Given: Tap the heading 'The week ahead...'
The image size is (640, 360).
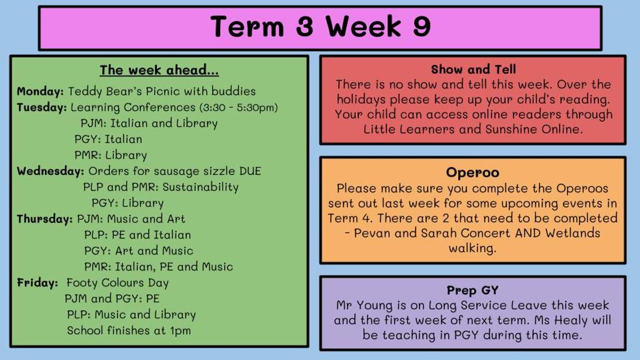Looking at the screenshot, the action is pyautogui.click(x=159, y=70).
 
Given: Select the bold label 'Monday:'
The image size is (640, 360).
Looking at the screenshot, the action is pyautogui.click(x=41, y=92).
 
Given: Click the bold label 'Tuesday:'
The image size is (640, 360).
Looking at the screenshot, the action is pyautogui.click(x=42, y=108).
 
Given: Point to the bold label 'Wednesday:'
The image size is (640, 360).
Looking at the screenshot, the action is pyautogui.click(x=51, y=171).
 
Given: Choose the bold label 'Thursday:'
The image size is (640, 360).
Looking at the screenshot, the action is pyautogui.click(x=45, y=219).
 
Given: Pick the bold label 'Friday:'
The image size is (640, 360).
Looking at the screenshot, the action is pyautogui.click(x=37, y=283).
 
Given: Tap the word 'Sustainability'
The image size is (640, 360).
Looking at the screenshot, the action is pyautogui.click(x=201, y=187).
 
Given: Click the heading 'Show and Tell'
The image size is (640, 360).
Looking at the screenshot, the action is pyautogui.click(x=474, y=69).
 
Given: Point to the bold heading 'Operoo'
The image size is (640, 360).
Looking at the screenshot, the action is pyautogui.click(x=473, y=173).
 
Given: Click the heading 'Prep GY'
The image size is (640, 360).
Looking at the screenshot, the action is pyautogui.click(x=473, y=290).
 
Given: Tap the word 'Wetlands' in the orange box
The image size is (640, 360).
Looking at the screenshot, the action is pyautogui.click(x=573, y=233).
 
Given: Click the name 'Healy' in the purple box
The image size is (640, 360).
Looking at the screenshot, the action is pyautogui.click(x=571, y=321).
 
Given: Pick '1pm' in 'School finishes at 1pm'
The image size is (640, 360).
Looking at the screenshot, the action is pyautogui.click(x=181, y=331).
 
